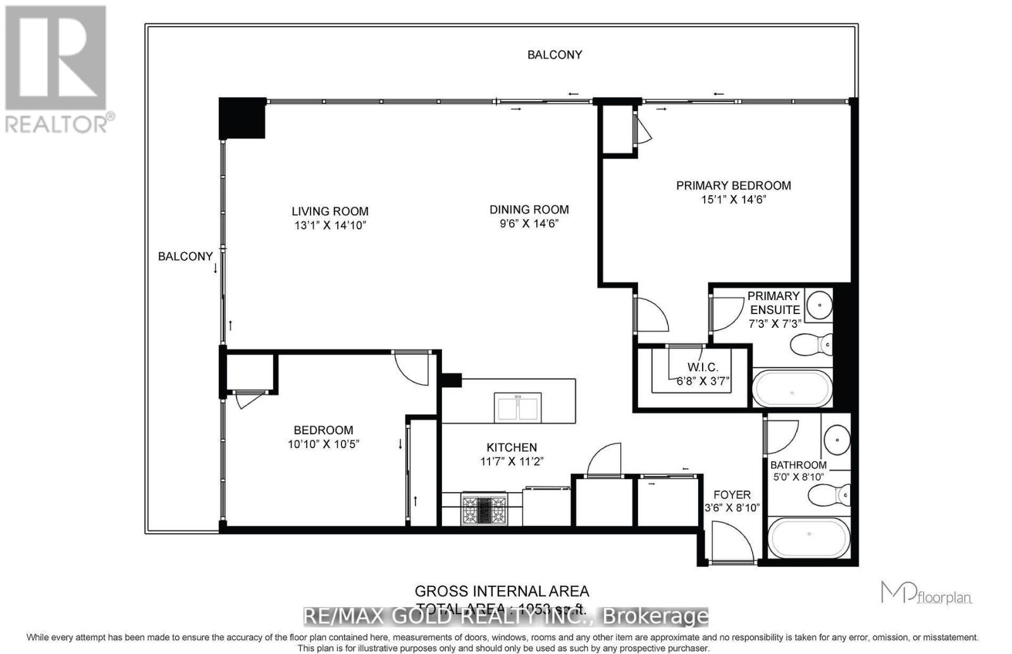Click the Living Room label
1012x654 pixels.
[x=330, y=212]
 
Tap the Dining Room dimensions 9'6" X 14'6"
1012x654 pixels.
[x=529, y=224]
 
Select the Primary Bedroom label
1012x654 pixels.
[x=733, y=185]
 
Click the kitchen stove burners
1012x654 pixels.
[x=484, y=509]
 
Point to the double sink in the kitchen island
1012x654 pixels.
[x=518, y=408]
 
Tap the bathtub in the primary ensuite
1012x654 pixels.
[x=792, y=388]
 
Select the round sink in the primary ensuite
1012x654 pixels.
[x=820, y=306]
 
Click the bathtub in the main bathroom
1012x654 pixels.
[x=808, y=538]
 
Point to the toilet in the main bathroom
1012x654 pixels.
[x=829, y=495]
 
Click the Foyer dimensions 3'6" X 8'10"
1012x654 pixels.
[x=732, y=507]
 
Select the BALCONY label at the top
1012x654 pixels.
[x=555, y=55]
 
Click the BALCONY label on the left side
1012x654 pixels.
[x=185, y=256]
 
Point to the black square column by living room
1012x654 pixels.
[x=242, y=118]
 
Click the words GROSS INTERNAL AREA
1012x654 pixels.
[x=502, y=591]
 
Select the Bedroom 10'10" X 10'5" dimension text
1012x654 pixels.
[x=323, y=444]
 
